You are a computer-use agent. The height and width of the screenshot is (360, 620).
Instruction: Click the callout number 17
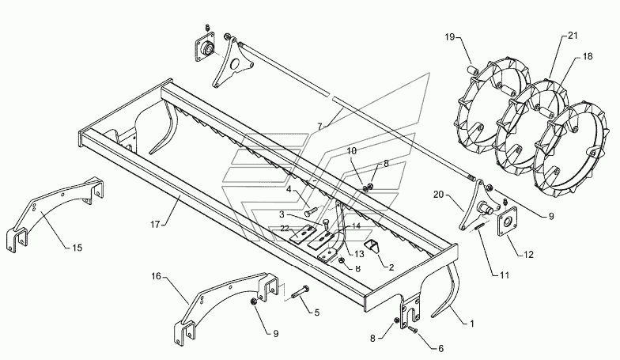[155, 225]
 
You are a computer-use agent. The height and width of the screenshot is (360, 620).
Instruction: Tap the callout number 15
[77, 248]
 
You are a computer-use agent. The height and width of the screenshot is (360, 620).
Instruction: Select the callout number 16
[157, 275]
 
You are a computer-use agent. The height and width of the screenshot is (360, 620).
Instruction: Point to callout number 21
[573, 36]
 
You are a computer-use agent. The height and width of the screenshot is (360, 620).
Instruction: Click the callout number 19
[449, 37]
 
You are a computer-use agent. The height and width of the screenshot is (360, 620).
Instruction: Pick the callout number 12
[528, 255]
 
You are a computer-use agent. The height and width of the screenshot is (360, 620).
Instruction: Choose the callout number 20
[439, 195]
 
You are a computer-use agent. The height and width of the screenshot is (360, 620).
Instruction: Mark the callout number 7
[319, 127]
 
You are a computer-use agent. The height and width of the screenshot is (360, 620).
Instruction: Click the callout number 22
[285, 228]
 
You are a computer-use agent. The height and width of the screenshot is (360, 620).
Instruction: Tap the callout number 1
[471, 324]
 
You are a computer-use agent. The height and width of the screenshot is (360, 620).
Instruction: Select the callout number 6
[441, 348]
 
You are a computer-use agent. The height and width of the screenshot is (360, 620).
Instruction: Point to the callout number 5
[316, 313]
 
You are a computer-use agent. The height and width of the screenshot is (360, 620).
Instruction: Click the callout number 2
[391, 267]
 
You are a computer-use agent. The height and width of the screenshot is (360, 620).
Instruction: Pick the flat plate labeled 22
[300, 234]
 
